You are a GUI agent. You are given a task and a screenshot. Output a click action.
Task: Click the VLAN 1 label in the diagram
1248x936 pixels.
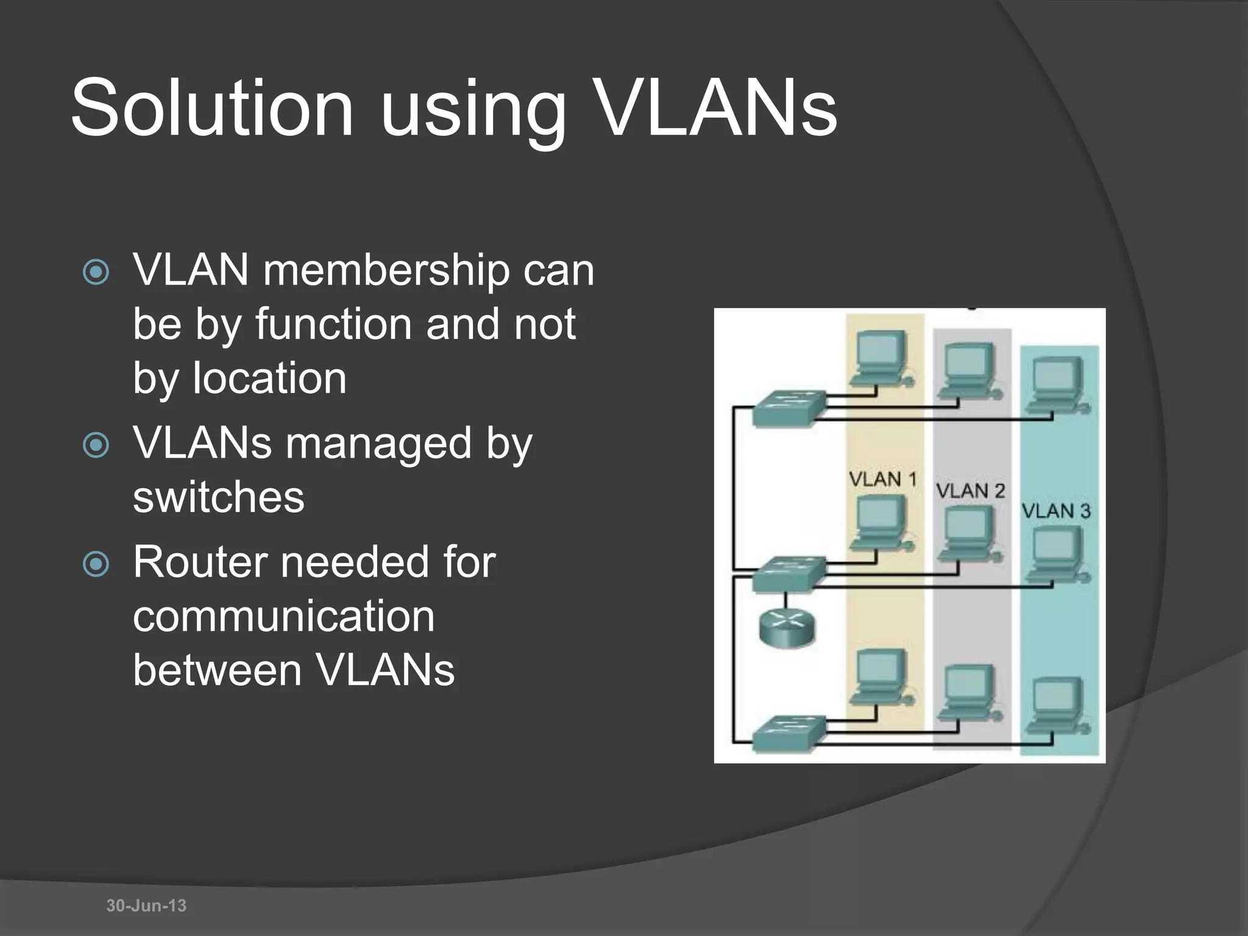883,480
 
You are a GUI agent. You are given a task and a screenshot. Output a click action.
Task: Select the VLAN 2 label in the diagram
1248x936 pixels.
970,491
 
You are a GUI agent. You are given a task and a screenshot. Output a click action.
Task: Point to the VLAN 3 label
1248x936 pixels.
1056,511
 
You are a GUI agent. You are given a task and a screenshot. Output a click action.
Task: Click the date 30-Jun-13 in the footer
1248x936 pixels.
146,906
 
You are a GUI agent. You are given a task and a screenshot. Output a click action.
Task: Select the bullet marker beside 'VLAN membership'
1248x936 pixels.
96,272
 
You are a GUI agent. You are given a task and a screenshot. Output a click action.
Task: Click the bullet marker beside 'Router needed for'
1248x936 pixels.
96,564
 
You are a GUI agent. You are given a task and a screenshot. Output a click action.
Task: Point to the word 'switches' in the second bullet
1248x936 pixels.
219,497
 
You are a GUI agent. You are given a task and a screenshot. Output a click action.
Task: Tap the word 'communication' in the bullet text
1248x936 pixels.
284,616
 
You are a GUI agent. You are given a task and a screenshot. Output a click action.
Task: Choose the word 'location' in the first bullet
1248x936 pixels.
269,378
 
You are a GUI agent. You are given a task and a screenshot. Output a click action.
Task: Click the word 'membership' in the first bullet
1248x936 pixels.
386,270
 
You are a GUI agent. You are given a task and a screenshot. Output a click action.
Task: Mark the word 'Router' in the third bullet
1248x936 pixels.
200,562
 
